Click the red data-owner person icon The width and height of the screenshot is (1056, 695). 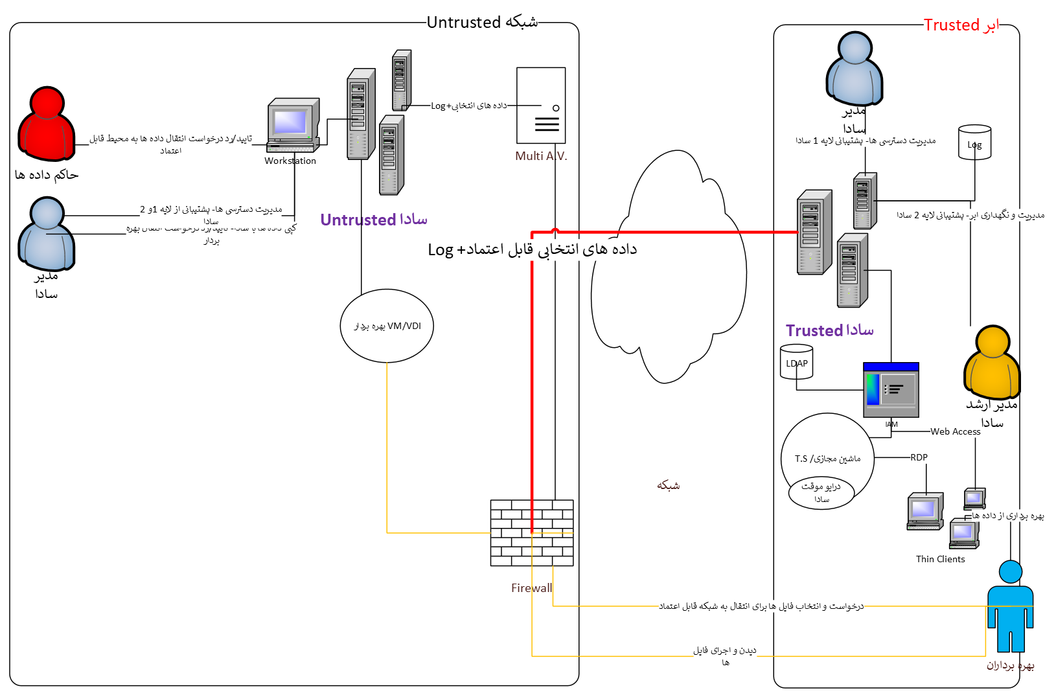[46, 124]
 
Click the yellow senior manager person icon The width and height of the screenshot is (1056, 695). [992, 363]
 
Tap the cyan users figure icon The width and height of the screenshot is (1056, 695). [1010, 606]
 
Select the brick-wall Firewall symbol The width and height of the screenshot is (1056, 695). [532, 532]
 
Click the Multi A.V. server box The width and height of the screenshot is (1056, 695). [541, 105]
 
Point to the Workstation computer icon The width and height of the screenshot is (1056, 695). [293, 125]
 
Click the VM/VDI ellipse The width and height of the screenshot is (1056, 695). [387, 326]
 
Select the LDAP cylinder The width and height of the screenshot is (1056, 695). [796, 361]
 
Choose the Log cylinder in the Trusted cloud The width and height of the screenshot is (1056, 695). [974, 142]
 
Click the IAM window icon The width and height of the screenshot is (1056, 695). [891, 389]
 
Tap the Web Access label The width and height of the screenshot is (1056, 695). [956, 431]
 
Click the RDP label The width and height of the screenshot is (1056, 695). [919, 457]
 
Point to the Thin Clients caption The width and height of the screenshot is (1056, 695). [940, 559]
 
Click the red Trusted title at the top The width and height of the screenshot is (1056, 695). [961, 25]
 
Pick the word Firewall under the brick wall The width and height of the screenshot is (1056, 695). [532, 588]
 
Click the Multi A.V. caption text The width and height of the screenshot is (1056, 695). [541, 156]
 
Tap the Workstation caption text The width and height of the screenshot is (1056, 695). [290, 161]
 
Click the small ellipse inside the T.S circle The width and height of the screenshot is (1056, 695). [821, 492]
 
